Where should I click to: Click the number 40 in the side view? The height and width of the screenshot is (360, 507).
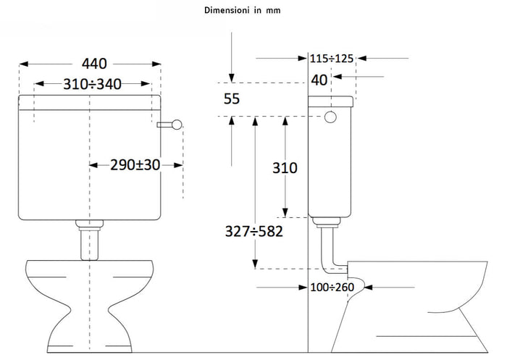[319, 80]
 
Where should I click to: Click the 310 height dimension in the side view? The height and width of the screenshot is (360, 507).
[285, 168]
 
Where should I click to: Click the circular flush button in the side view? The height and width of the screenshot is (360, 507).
[330, 117]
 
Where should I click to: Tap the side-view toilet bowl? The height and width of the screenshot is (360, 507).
[420, 297]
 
